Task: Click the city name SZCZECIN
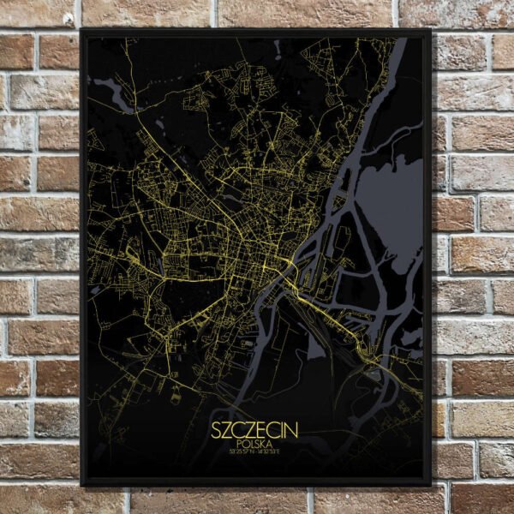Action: coord(256,426)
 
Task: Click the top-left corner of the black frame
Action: coord(81,30)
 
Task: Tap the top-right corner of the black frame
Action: coord(430,30)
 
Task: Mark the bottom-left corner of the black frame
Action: coord(81,485)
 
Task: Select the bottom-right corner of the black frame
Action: coord(430,485)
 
